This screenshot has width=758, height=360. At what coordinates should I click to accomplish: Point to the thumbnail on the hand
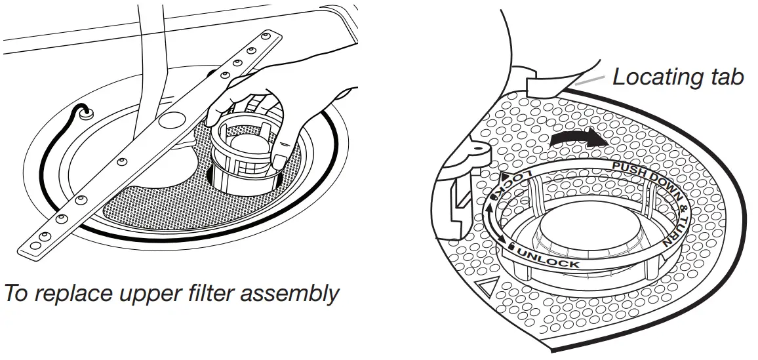click(x=279, y=161)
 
